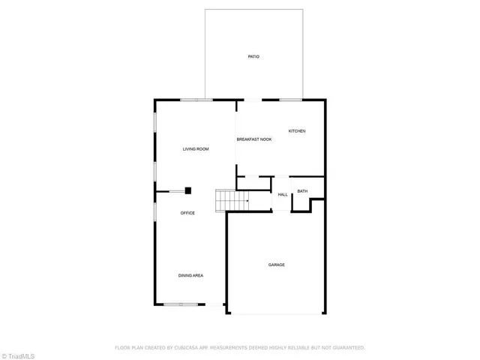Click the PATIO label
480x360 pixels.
tap(254, 56)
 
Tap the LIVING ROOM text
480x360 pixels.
tap(196, 149)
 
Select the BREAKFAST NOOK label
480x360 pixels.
tap(254, 139)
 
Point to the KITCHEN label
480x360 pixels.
tap(297, 131)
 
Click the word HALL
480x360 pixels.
tap(283, 195)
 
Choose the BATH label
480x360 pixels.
tap(302, 191)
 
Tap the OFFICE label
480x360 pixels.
tap(187, 213)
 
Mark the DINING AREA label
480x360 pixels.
tap(190, 275)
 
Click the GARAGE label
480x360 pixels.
tap(277, 265)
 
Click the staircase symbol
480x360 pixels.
tap(232, 200)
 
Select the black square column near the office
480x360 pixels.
tap(189, 190)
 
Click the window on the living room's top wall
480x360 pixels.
tap(196, 100)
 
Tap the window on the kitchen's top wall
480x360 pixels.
tap(290, 100)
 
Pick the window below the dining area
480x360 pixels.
tap(181, 304)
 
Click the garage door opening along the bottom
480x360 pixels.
tap(275, 313)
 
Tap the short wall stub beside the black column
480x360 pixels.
tap(177, 190)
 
